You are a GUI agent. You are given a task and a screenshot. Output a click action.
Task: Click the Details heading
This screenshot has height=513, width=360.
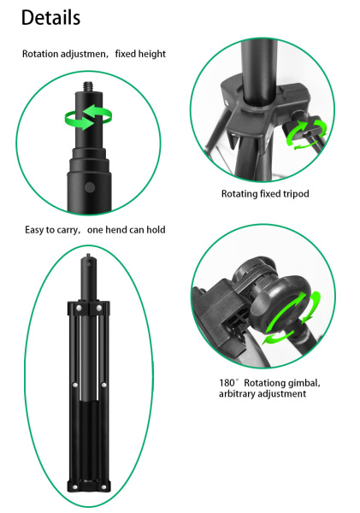50,17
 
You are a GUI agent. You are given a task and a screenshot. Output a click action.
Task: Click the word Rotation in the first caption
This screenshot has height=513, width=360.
40,54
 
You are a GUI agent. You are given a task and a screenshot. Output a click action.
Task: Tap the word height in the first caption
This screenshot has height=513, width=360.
153,54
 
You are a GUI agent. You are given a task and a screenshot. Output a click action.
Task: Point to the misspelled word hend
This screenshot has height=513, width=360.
117,230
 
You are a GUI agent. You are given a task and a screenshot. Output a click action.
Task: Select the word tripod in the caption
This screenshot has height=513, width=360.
296,194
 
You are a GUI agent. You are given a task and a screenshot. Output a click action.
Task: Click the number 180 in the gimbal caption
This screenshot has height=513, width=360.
227,383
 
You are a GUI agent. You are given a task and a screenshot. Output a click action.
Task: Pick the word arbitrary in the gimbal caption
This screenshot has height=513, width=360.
237,393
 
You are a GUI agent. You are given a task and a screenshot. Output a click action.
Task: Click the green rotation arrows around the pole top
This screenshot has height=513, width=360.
88,117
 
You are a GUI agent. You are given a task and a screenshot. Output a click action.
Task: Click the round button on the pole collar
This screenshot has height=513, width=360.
90,187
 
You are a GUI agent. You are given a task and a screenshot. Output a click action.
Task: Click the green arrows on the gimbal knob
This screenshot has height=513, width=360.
292,319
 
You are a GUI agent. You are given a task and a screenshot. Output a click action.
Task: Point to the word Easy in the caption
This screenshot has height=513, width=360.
34,230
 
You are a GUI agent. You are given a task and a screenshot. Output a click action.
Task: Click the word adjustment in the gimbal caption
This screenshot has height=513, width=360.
281,393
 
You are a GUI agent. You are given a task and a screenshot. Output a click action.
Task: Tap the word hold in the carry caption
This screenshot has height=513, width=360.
156,230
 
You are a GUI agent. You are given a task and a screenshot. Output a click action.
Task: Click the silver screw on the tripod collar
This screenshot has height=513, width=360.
227,103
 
